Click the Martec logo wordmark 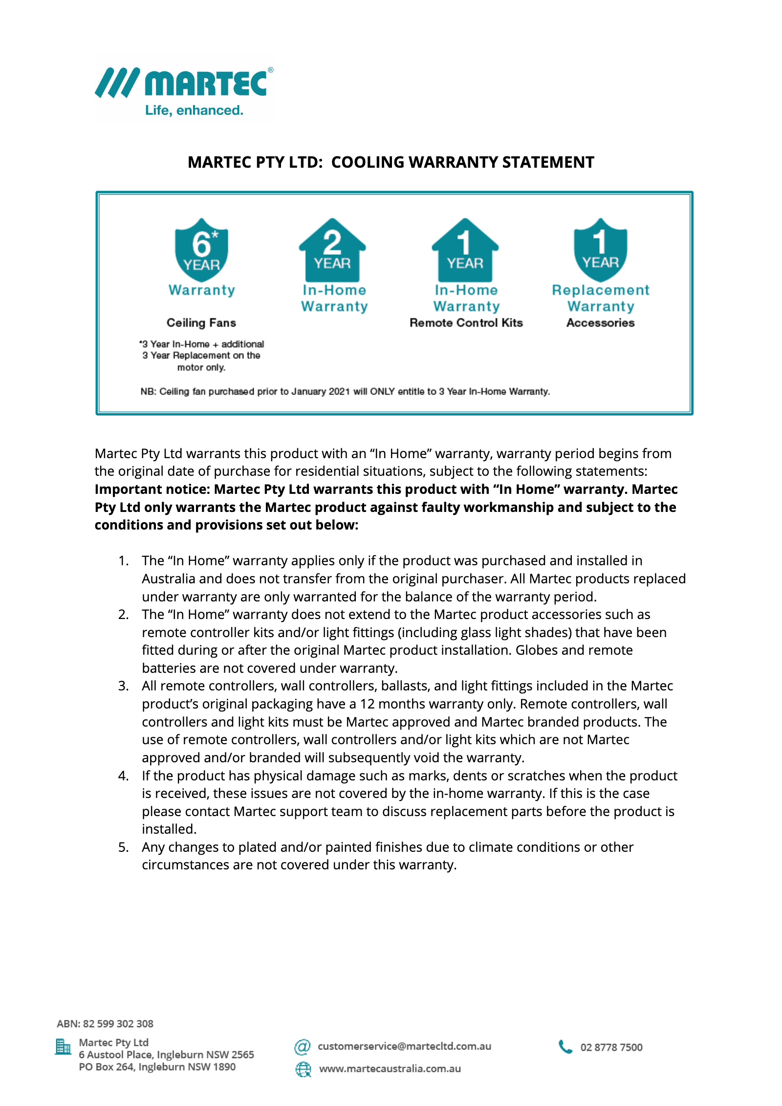pos(205,83)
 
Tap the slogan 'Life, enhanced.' pos(194,111)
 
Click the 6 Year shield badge pos(201,250)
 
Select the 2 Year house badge pos(332,250)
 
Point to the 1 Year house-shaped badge pos(465,250)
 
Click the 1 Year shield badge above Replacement pos(600,250)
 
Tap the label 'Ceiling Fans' pos(201,323)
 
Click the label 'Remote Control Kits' pos(466,323)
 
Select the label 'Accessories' pos(600,323)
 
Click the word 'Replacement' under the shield pos(600,290)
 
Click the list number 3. pos(123,686)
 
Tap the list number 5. pos(123,847)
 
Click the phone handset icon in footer pos(565,1047)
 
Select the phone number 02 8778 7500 pos(611,1047)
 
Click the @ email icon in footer pos(303,1047)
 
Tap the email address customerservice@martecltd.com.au pos(404,1046)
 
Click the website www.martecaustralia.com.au pos(390,1069)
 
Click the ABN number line pos(105,1024)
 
